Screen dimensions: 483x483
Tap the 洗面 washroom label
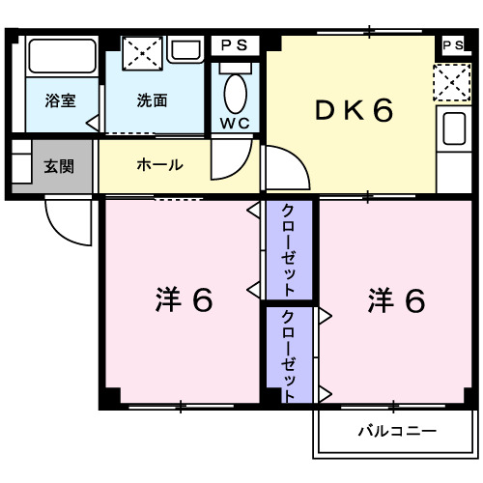click(x=151, y=99)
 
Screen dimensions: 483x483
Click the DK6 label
click(x=355, y=112)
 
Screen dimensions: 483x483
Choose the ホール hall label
click(x=158, y=165)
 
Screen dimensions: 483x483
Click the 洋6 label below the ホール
click(x=184, y=300)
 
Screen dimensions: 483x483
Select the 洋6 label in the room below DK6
click(x=396, y=300)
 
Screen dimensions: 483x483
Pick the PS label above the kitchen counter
click(x=451, y=45)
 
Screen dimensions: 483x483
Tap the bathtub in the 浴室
click(x=60, y=60)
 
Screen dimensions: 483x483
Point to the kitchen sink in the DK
click(x=450, y=128)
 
